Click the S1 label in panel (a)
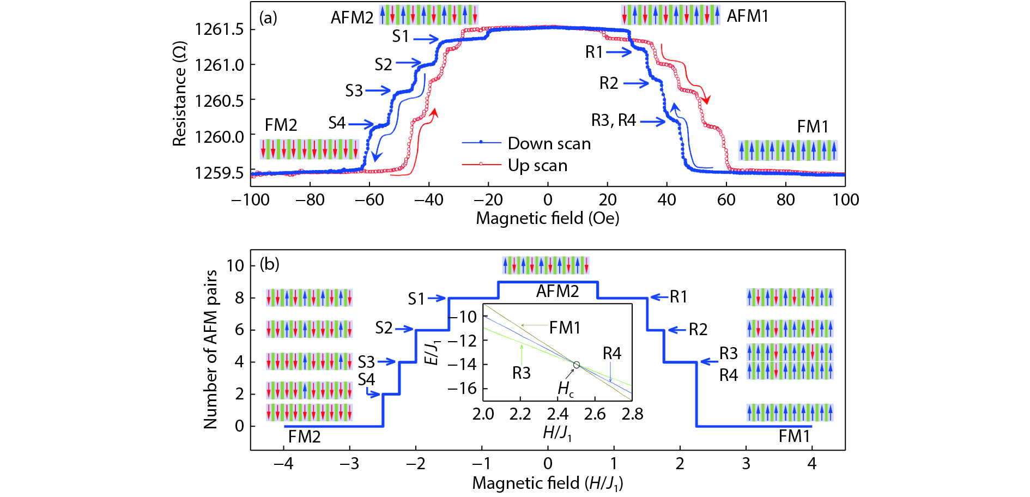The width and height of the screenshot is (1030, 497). point(401,37)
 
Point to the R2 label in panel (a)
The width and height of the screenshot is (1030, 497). point(609,83)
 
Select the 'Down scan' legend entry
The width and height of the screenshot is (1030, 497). point(549,143)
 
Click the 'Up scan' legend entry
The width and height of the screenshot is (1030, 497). point(537,165)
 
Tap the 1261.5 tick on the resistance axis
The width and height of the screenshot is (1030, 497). point(219,29)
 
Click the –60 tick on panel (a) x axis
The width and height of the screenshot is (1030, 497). point(369,200)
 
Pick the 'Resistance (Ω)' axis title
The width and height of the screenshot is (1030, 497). point(180,94)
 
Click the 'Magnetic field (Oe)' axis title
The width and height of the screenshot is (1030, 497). point(547,219)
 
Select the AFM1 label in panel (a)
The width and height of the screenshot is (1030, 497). point(747,16)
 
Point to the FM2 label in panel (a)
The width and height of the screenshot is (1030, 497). point(281,125)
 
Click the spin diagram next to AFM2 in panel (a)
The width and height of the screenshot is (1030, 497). point(429,15)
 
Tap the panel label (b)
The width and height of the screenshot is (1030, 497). point(269,264)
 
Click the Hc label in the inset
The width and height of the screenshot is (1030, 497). point(565,389)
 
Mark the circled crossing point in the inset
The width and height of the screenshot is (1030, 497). point(576,365)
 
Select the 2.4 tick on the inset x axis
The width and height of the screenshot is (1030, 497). point(558,414)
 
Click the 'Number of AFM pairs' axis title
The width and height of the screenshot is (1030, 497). point(210,349)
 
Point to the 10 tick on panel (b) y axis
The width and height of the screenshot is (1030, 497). point(235,266)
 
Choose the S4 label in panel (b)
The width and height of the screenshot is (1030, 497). point(366,379)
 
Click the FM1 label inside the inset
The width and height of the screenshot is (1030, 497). point(565,328)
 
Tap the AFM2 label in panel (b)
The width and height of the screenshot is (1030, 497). point(557,292)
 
